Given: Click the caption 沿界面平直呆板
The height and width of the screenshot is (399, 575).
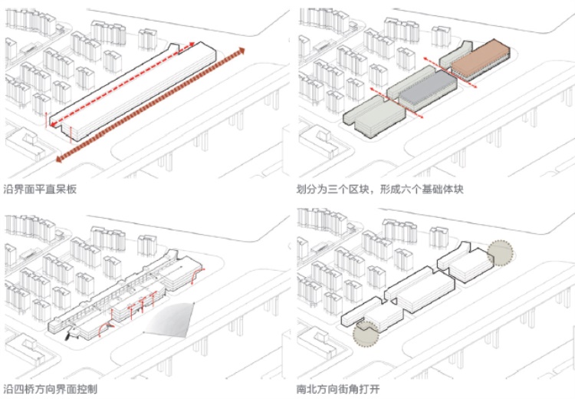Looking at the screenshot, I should [40, 189].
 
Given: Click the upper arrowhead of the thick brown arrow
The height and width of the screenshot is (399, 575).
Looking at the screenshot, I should [240, 51].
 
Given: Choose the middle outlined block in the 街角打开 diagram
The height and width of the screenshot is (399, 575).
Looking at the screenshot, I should [418, 290].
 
